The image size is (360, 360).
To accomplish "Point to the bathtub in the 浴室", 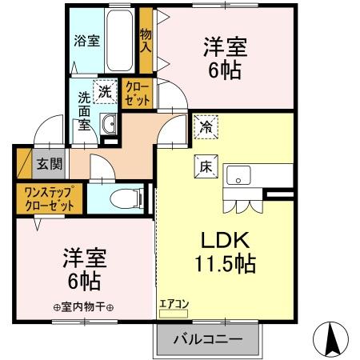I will click(119, 40).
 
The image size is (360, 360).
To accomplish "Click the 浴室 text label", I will click(86, 41).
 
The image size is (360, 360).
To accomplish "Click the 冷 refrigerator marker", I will click(204, 126).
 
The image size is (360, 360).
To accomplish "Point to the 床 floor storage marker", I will click(205, 166).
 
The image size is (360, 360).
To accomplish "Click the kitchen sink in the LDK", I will click(238, 175).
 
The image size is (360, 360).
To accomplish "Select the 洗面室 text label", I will click(84, 112).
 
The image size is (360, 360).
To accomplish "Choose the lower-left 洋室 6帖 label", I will click(82, 270).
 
